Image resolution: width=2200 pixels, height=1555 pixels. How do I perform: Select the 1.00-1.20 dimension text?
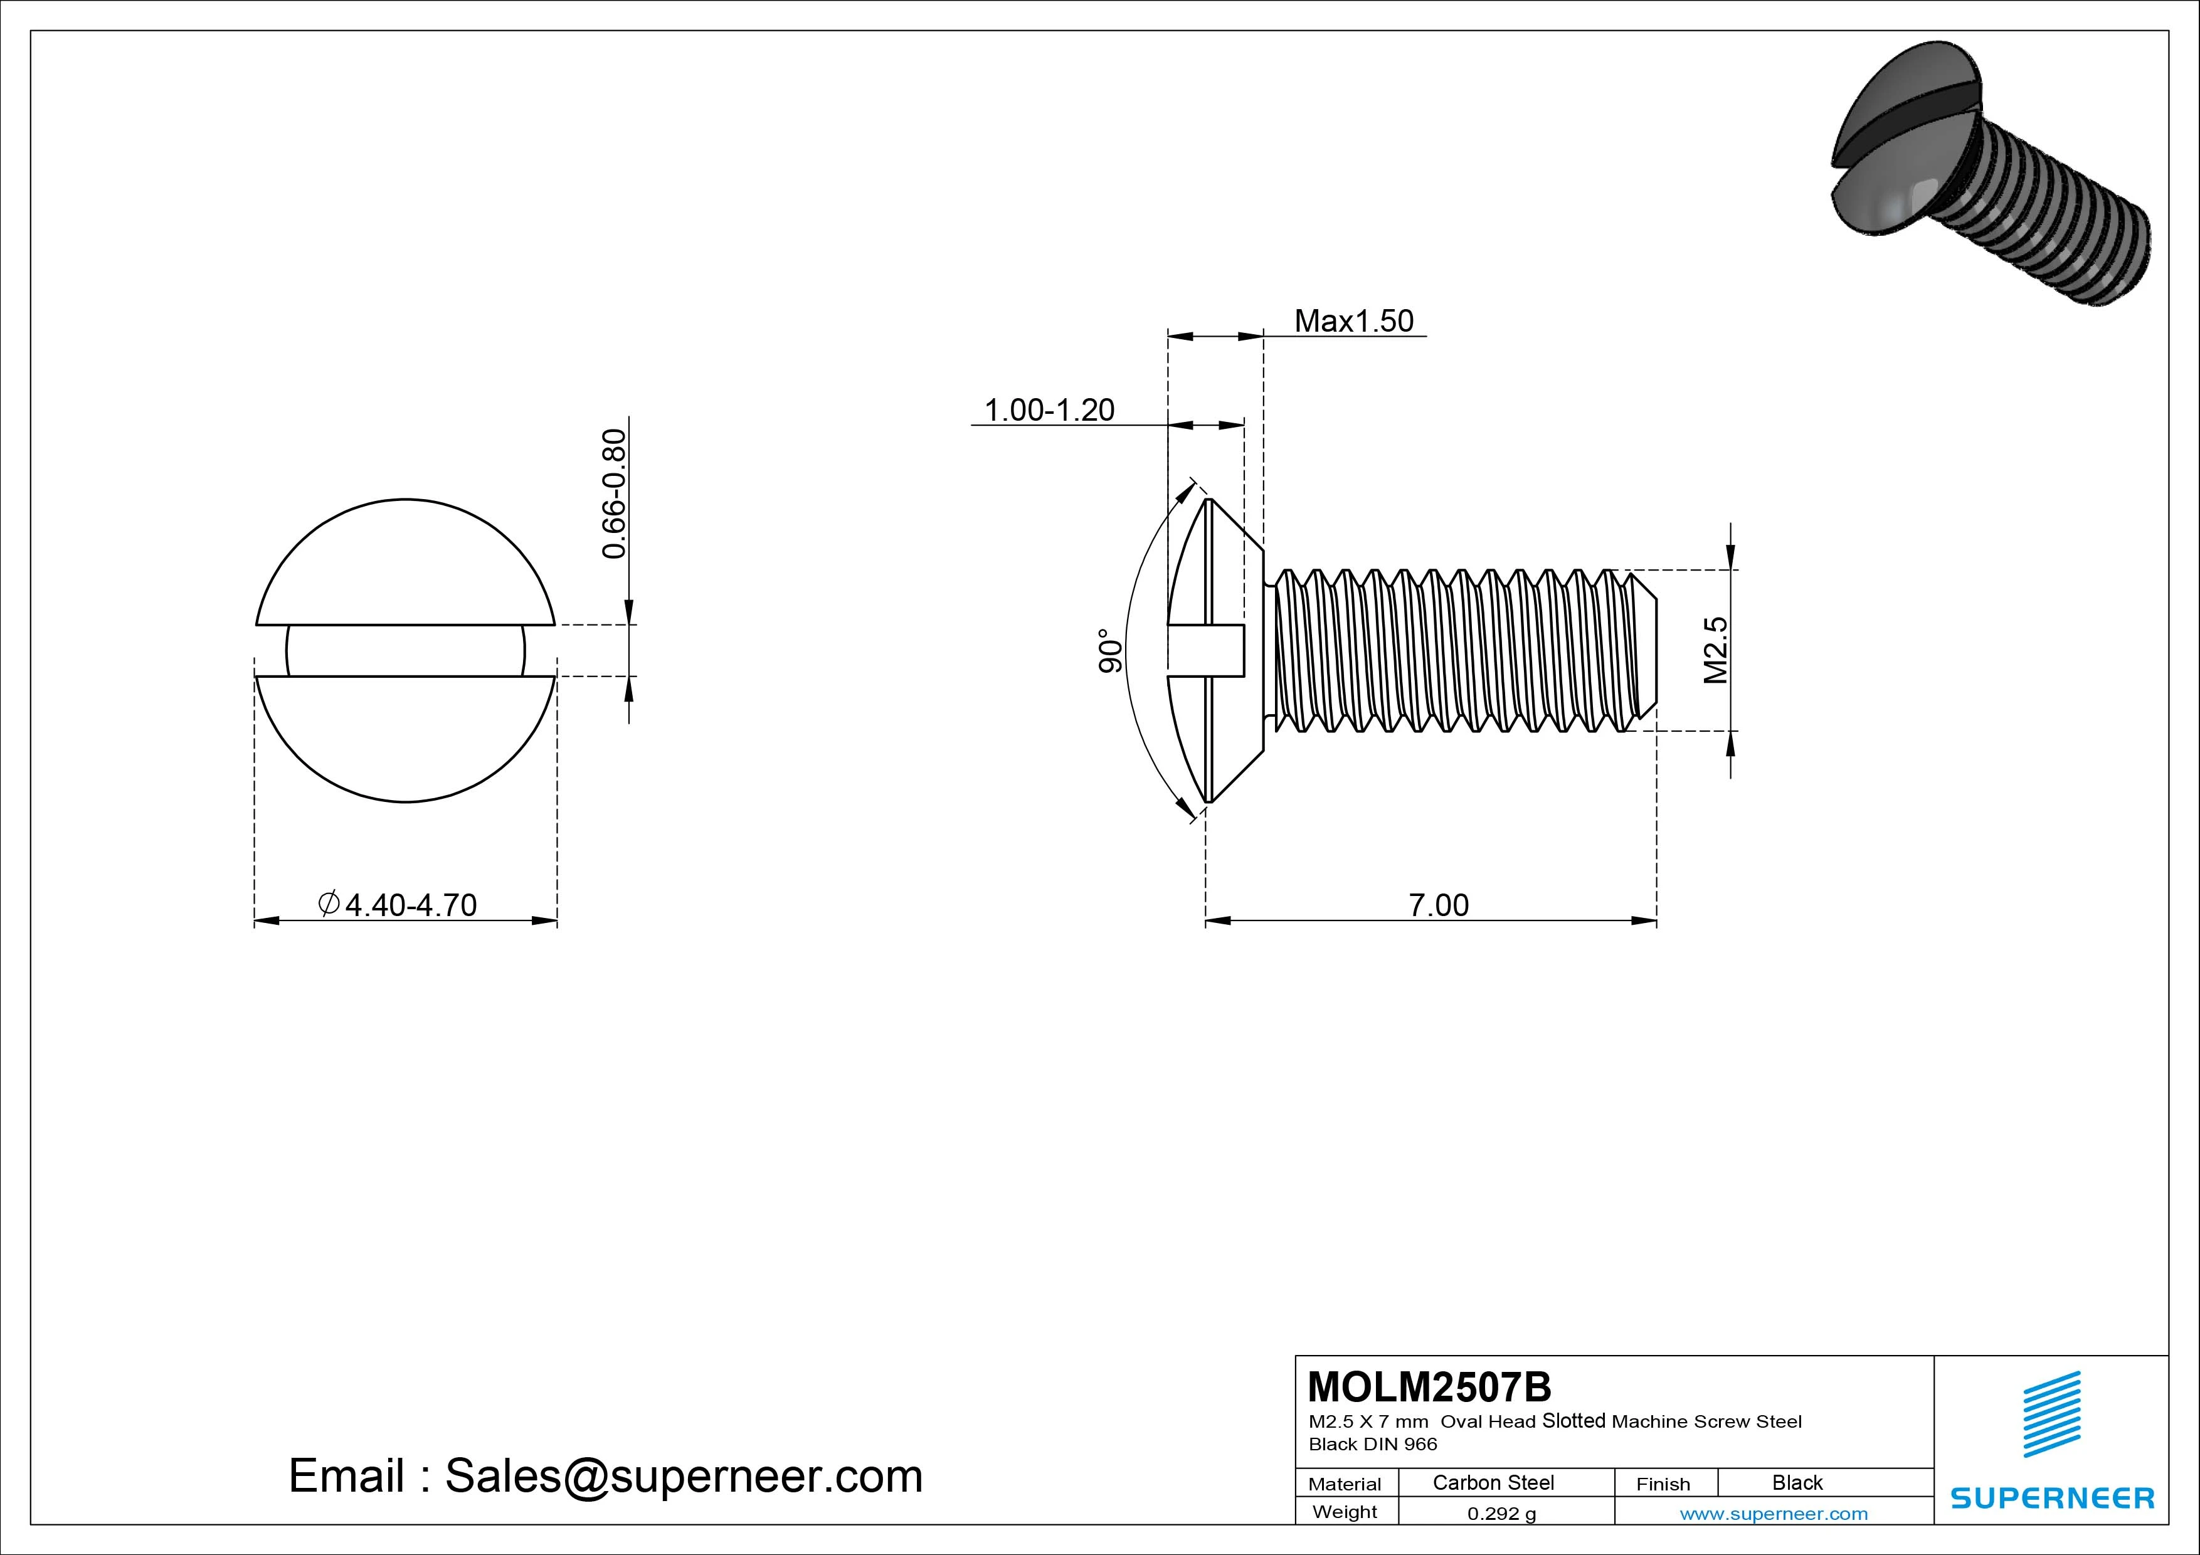(x=1049, y=410)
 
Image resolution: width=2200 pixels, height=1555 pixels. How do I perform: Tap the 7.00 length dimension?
(x=1437, y=904)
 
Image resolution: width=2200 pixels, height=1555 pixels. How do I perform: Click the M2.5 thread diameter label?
(x=1715, y=651)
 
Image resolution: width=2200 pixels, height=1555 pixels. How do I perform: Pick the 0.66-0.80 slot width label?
(x=613, y=493)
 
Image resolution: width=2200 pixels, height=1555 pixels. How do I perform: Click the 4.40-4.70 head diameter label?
(x=398, y=904)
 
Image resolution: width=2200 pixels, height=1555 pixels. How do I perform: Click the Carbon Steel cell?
(x=1493, y=1483)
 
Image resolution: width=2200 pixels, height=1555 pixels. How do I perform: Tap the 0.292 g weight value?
(x=1501, y=1514)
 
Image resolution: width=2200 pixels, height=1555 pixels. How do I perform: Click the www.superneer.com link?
(x=1774, y=1514)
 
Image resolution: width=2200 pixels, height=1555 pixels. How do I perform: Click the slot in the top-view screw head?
(x=405, y=651)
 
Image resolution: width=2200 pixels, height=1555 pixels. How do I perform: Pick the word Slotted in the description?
(x=1573, y=1421)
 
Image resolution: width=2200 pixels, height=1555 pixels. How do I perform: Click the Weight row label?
(x=1345, y=1512)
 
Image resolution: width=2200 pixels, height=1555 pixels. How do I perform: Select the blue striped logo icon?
(x=2051, y=1414)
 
